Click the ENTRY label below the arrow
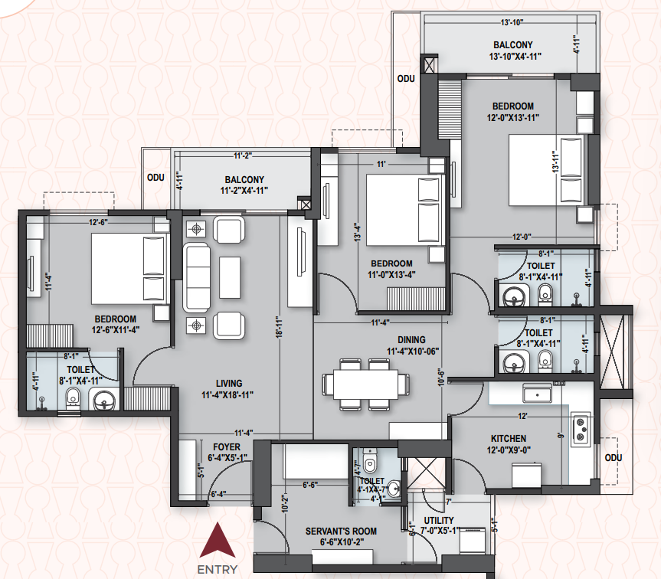pyautogui.click(x=217, y=570)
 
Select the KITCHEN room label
pyautogui.click(x=509, y=439)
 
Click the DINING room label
pyautogui.click(x=411, y=340)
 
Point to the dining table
pyautogui.click(x=366, y=384)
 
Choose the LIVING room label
pyautogui.click(x=229, y=384)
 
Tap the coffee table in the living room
pyautogui.click(x=230, y=277)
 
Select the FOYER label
pyautogui.click(x=227, y=447)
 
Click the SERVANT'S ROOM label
pyautogui.click(x=341, y=532)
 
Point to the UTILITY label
pyautogui.click(x=439, y=521)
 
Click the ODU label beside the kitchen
pyautogui.click(x=614, y=458)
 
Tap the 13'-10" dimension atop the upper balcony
pyautogui.click(x=512, y=22)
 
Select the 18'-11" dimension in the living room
pyautogui.click(x=279, y=328)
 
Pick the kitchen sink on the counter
pyautogui.click(x=538, y=393)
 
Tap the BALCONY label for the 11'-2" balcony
pyautogui.click(x=244, y=179)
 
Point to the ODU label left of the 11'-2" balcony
pyautogui.click(x=155, y=178)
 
